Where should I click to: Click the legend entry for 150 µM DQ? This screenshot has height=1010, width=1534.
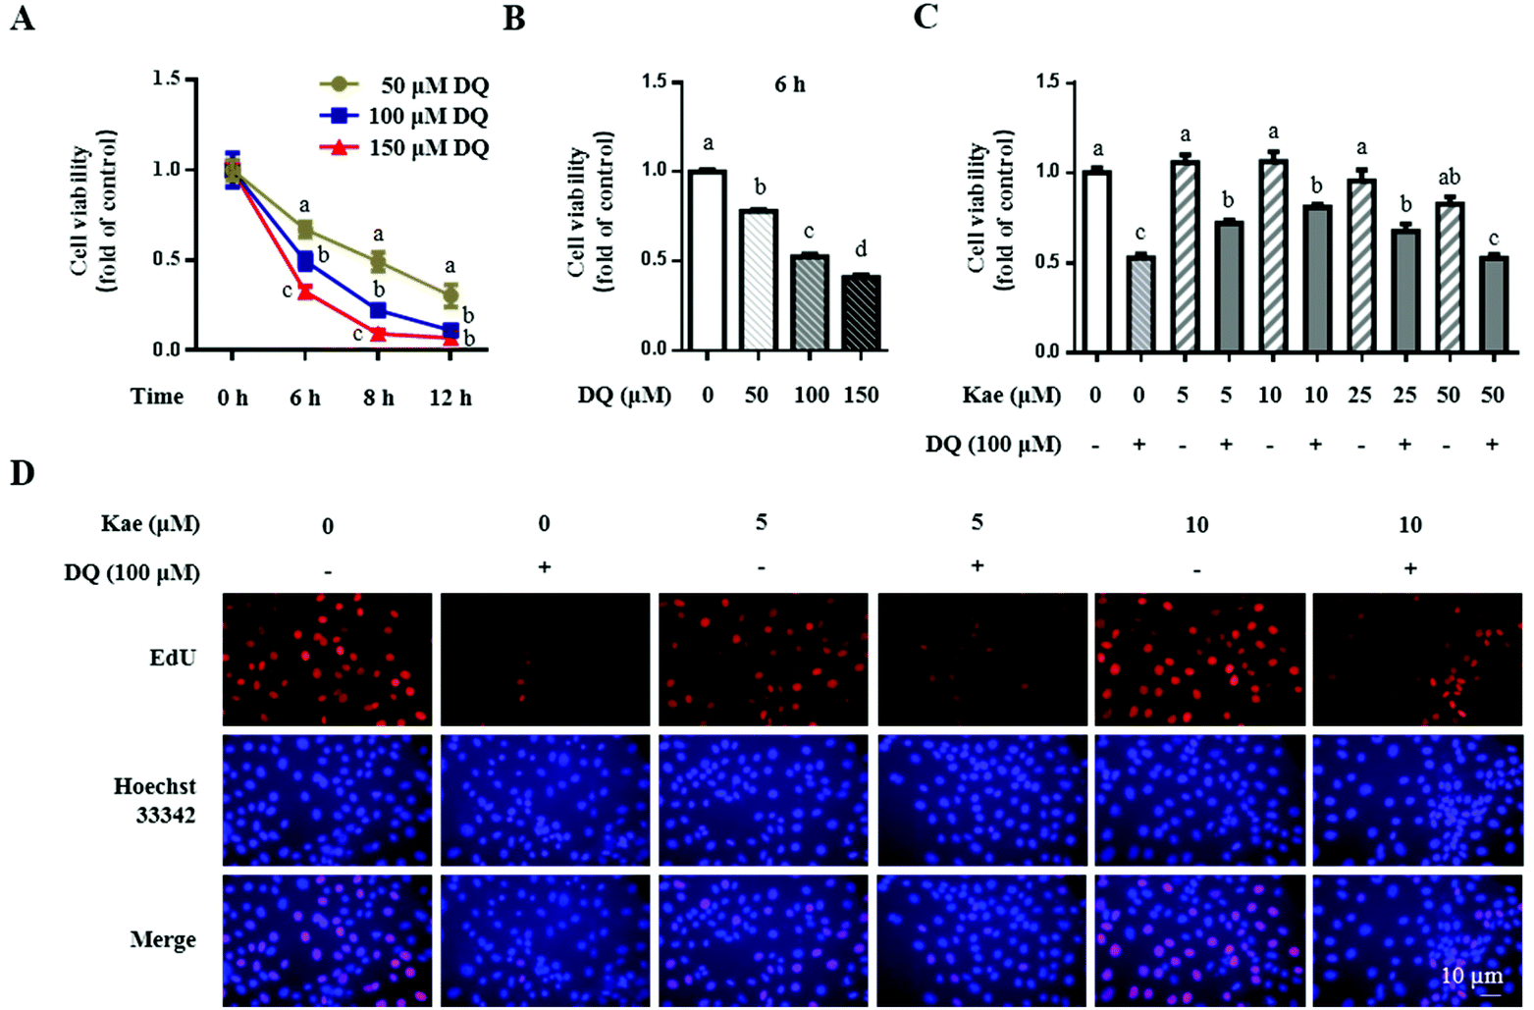pos(403,148)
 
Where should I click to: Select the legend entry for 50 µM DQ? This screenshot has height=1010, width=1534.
pos(403,85)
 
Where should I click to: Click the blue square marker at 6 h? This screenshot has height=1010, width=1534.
pos(305,261)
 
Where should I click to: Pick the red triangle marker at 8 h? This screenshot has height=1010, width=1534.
pos(378,334)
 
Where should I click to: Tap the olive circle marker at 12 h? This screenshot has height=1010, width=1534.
pos(450,295)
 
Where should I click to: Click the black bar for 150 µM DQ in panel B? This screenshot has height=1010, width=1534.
pos(861,313)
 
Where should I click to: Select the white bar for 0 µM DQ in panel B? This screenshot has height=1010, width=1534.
pos(708,261)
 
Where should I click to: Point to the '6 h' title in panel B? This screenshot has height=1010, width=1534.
pos(789,84)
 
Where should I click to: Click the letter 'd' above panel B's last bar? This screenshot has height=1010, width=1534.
pos(861,250)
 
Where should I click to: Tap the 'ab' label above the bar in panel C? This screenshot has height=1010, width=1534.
pos(1449,178)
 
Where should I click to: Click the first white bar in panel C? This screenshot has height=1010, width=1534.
pos(1096,261)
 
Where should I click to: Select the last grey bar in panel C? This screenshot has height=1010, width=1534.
pos(1493,303)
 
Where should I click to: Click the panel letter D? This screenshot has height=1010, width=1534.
pos(22,473)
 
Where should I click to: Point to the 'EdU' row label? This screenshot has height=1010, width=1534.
pos(173,658)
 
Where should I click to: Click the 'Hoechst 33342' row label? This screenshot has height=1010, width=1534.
pos(155,800)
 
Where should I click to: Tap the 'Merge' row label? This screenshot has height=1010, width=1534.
pos(163,940)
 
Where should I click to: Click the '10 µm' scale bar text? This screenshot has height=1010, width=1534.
pos(1471,976)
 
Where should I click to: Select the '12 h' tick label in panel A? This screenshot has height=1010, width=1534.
pos(450,398)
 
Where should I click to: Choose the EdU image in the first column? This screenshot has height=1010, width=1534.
pos(327,659)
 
